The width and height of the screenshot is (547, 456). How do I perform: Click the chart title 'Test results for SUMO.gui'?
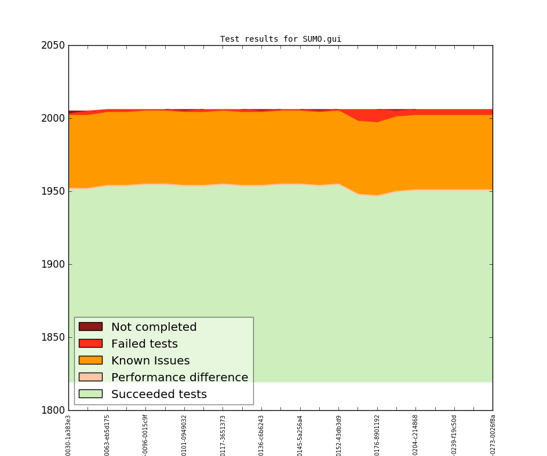(280, 39)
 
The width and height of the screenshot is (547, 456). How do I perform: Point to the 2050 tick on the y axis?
(53, 45)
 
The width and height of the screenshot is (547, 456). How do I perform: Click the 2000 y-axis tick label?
(53, 118)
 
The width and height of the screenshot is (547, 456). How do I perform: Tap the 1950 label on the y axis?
(53, 191)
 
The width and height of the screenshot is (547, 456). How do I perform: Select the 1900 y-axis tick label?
(53, 264)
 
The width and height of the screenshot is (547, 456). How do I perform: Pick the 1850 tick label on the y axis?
(53, 337)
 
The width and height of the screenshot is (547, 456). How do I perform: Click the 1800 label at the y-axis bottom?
(53, 410)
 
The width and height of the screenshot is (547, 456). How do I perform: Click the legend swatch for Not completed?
(90, 327)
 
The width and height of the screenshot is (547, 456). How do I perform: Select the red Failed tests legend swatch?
(90, 344)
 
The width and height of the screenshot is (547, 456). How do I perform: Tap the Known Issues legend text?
(150, 360)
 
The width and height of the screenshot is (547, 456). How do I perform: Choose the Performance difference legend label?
(180, 377)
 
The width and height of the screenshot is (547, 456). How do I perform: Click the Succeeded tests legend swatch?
(90, 394)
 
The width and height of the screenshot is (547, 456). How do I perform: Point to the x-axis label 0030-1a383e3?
(68, 435)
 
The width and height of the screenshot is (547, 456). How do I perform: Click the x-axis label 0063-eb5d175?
(107, 435)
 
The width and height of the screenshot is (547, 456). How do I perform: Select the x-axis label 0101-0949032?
(184, 435)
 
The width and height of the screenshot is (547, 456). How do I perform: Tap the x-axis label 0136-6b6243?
(261, 435)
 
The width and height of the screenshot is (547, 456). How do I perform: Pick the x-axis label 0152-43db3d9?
(338, 435)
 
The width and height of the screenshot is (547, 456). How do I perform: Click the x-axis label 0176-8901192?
(377, 435)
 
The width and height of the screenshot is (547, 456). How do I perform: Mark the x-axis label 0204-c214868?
(415, 435)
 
